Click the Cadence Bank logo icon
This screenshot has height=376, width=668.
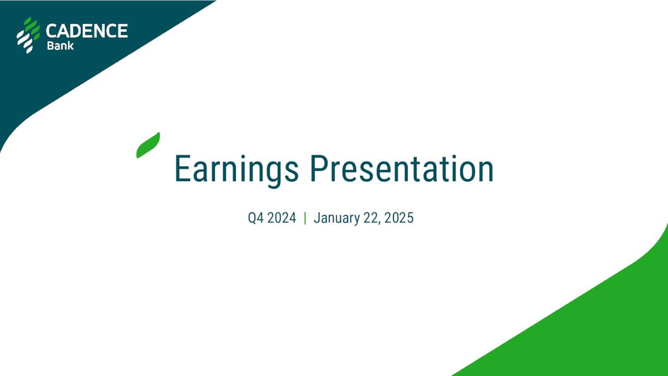point(28,35)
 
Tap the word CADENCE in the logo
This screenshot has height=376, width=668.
point(87,31)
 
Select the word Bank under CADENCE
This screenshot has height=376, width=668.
point(60,45)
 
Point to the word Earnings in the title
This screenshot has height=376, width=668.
point(236,169)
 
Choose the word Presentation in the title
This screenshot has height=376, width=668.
point(401,169)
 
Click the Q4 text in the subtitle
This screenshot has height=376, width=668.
point(256,218)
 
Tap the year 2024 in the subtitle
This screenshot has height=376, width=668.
point(282,218)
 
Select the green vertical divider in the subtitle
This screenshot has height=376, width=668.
point(305,218)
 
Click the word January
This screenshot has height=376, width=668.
point(337,218)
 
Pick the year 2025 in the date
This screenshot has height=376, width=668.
point(399,218)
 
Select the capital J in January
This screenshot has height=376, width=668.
point(317,218)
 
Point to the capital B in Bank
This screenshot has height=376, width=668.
point(50,45)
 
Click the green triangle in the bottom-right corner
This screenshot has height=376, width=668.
point(600,329)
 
